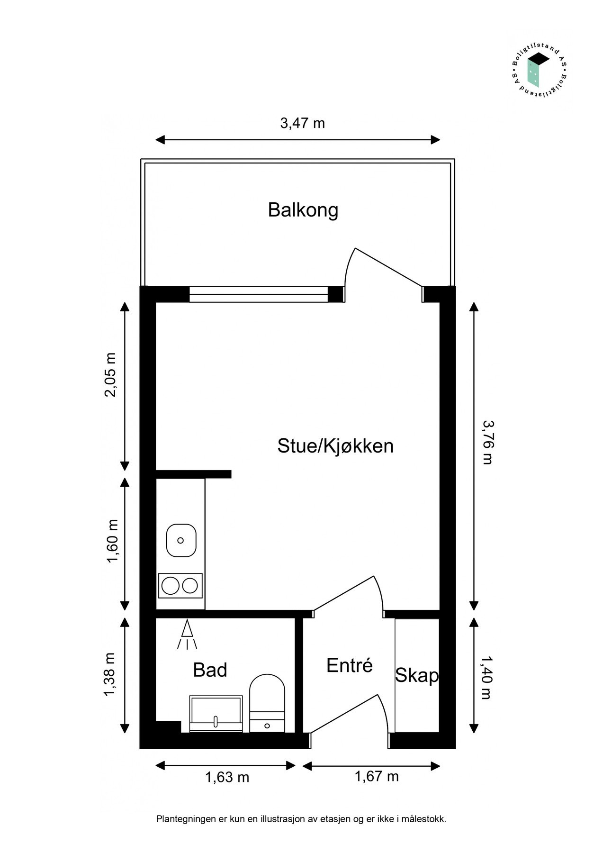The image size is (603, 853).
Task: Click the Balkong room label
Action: pos(303,210)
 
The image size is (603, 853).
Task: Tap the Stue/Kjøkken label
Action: pos(335,446)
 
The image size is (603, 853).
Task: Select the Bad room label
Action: pos(210,670)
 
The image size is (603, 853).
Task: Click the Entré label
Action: pos(350,665)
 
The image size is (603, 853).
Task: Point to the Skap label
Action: pos(417,675)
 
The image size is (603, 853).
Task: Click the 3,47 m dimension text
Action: pos(302,123)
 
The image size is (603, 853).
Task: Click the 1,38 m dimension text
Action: pos(110,675)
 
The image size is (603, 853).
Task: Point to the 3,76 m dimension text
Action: pos(487,442)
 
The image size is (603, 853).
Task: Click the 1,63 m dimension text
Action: pos(227,778)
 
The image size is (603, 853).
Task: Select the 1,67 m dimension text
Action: pos(377,777)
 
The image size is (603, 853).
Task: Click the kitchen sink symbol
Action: pos(181,540)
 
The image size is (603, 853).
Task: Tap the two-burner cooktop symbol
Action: pos(180,586)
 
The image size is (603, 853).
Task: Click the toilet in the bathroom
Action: pos(267,702)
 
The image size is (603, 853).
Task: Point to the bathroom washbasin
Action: pos(216,713)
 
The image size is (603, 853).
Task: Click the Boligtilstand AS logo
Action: pos(539,72)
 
